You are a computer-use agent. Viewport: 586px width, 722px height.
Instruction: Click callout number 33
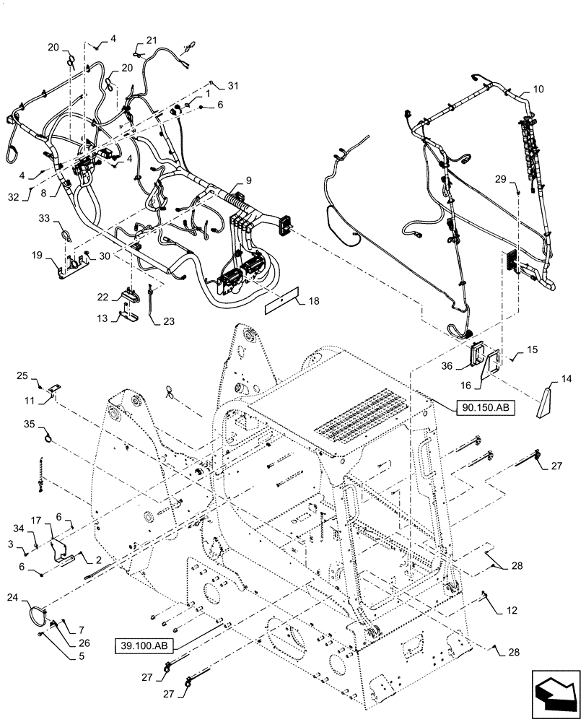pyautogui.click(x=44, y=218)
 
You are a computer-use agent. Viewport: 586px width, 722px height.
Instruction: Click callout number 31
pyautogui.click(x=232, y=87)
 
